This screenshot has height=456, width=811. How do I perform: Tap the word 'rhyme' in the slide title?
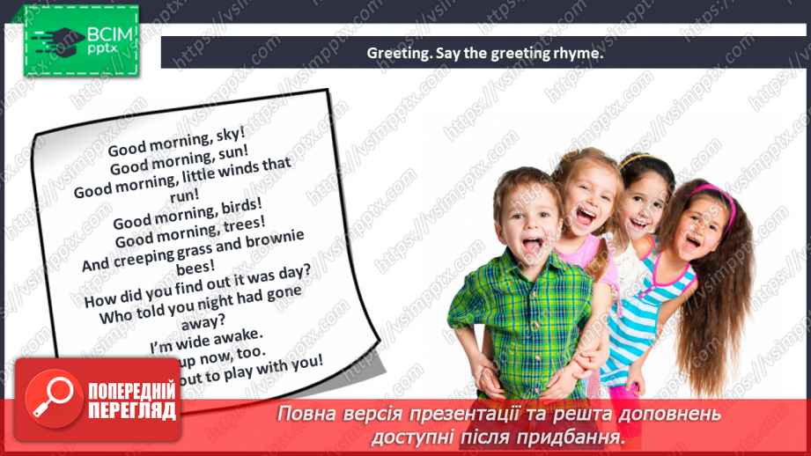pyautogui.click(x=578, y=53)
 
